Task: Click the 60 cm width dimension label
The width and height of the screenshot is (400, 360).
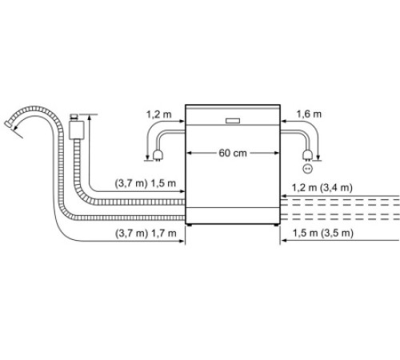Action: pyautogui.click(x=233, y=153)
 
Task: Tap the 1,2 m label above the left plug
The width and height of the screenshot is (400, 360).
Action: pyautogui.click(x=158, y=114)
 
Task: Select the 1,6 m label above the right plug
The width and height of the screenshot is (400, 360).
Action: pyautogui.click(x=309, y=114)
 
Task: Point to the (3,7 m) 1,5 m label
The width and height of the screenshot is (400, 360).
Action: pyautogui.click(x=146, y=183)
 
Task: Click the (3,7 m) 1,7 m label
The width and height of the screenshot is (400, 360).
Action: pyautogui.click(x=146, y=234)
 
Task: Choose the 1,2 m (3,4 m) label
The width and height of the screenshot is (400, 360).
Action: pyautogui.click(x=322, y=188)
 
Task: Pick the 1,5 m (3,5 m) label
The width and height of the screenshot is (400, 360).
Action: pyautogui.click(x=323, y=233)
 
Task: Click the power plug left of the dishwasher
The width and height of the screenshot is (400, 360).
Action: pyautogui.click(x=158, y=155)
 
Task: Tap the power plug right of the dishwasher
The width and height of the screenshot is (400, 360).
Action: pyautogui.click(x=307, y=155)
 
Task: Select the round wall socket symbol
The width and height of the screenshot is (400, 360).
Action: pyautogui.click(x=307, y=169)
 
